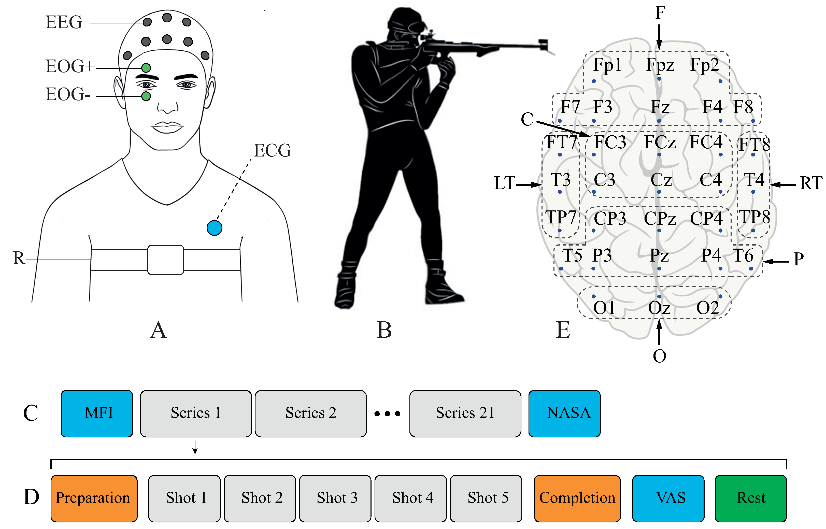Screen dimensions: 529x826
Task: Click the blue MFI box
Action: [97, 413]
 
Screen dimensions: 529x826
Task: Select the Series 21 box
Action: [465, 413]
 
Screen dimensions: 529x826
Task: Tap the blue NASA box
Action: [564, 413]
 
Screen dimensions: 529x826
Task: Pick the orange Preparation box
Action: [94, 498]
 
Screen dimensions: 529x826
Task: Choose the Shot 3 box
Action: [335, 498]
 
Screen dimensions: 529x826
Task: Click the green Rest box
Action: [750, 498]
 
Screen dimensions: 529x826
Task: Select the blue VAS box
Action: [668, 498]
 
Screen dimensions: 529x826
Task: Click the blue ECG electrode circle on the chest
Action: [214, 228]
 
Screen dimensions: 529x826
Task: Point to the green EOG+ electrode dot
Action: [146, 68]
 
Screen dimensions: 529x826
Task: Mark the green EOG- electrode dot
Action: [146, 96]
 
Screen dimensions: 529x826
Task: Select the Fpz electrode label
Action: [660, 65]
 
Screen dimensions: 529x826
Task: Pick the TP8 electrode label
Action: [754, 217]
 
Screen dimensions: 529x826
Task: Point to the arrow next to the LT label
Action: [529, 185]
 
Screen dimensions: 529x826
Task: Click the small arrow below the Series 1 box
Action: [195, 447]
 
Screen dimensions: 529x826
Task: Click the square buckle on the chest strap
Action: [166, 260]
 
